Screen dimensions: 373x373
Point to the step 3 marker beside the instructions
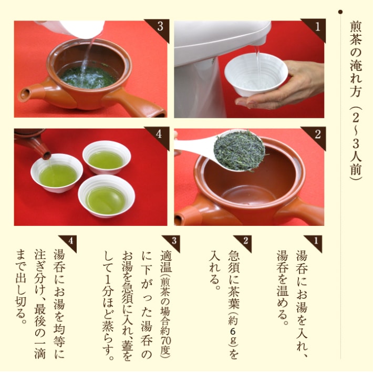tap(174, 241)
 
